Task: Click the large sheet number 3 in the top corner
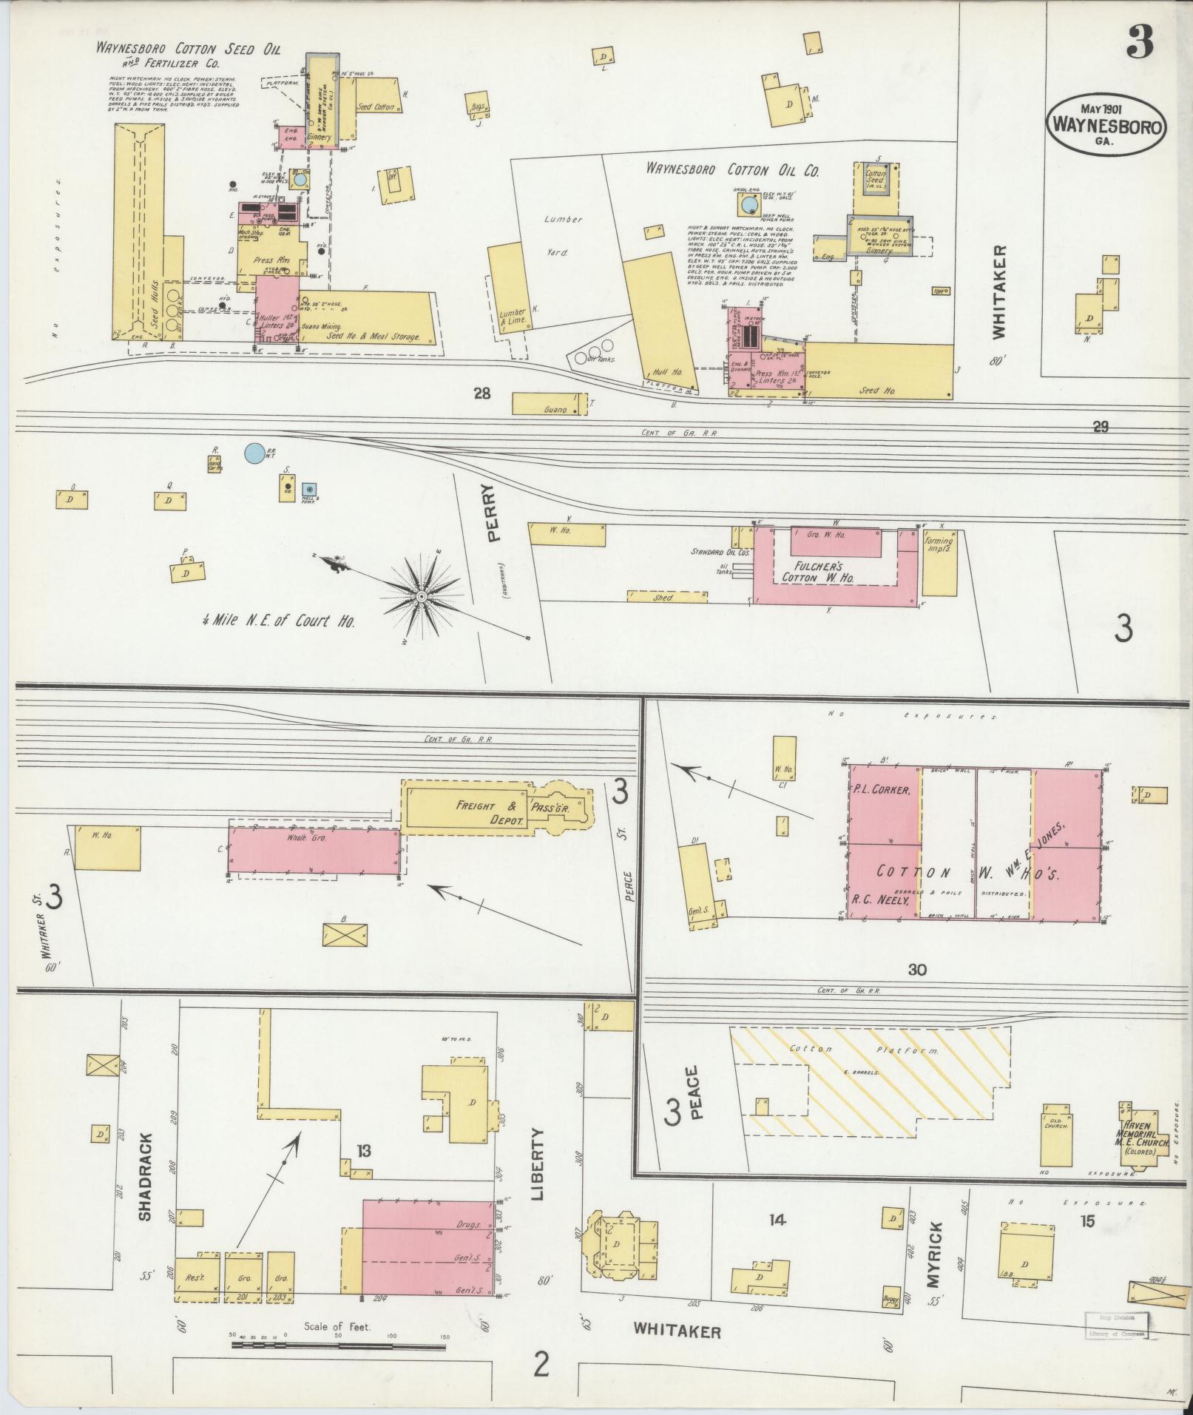1140,44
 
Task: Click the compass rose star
421,595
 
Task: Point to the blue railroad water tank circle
254,452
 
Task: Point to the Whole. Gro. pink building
314,850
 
